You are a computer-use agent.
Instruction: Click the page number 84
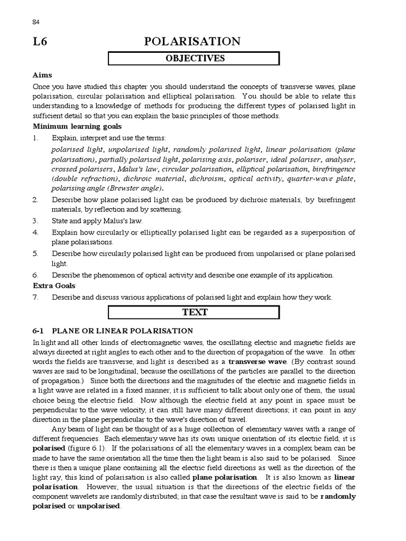tap(36, 22)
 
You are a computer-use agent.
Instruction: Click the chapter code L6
tap(40, 42)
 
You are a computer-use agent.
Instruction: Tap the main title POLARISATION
tap(192, 42)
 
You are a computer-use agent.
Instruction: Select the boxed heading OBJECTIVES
tap(193, 58)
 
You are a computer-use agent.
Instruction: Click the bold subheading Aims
tap(42, 75)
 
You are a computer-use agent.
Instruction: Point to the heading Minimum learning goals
tap(77, 126)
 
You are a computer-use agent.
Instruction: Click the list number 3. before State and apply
tap(35, 221)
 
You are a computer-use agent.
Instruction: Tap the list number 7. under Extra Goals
tap(35, 297)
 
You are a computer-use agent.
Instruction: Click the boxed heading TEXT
tap(193, 312)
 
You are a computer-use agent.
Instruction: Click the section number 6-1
tap(40, 331)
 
